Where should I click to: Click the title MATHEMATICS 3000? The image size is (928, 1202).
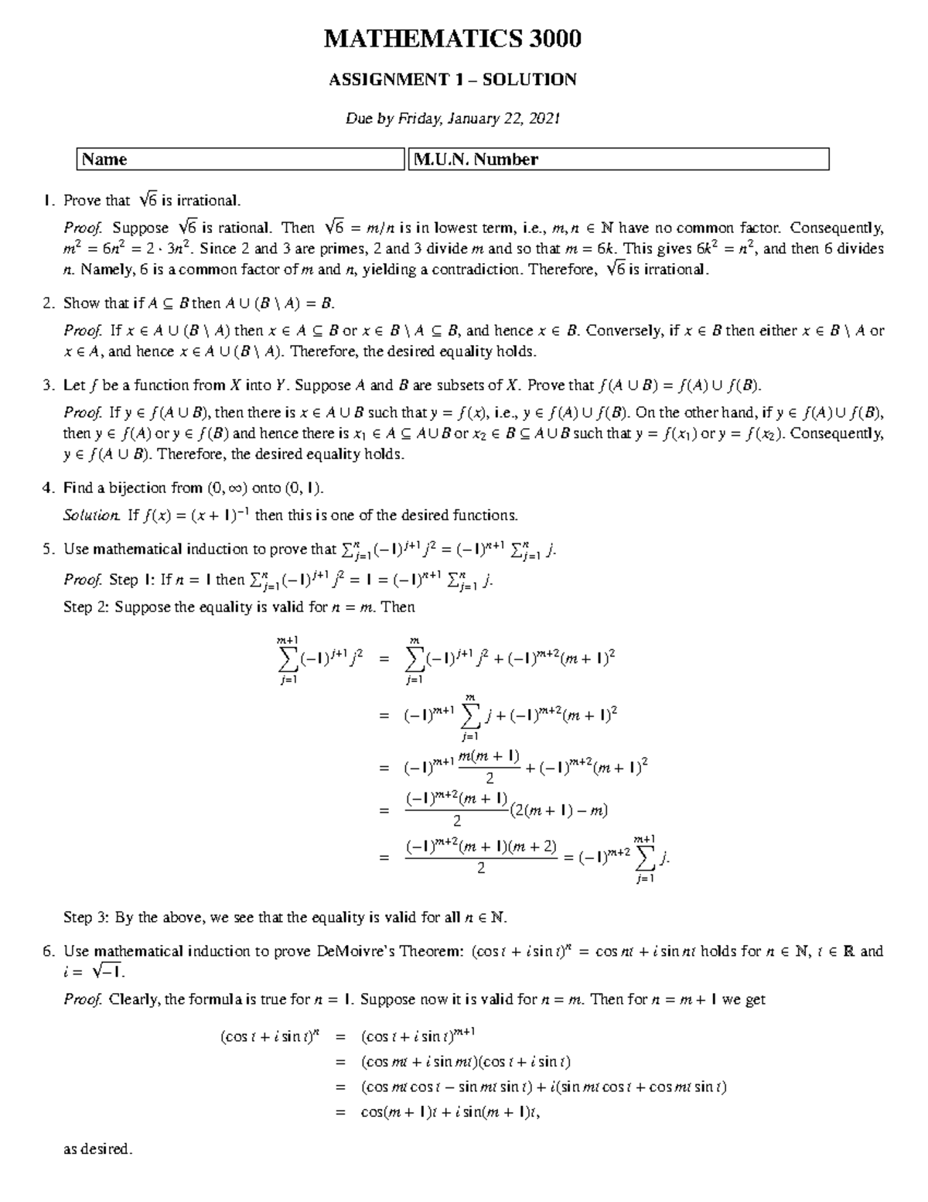pyautogui.click(x=452, y=39)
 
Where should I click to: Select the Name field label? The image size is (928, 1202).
pyautogui.click(x=104, y=159)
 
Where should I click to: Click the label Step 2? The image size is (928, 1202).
pyautogui.click(x=87, y=608)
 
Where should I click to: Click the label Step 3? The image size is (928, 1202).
pyautogui.click(x=87, y=918)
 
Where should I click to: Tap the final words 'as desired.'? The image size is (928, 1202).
pyautogui.click(x=98, y=1149)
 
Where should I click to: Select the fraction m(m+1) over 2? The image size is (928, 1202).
pyautogui.click(x=489, y=766)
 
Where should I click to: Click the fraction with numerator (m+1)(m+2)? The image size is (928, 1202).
pyautogui.click(x=481, y=857)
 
